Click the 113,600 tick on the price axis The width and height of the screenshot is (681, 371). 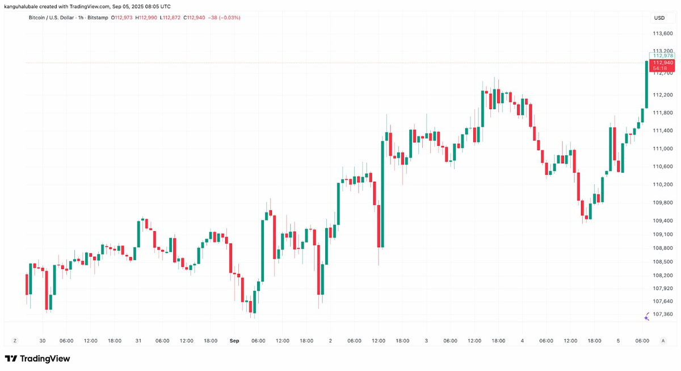662,34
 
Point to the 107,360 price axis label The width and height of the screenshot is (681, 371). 662,314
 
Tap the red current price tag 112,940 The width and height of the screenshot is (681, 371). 662,62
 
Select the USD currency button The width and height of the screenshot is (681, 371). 659,18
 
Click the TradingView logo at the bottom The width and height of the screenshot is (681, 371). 37,359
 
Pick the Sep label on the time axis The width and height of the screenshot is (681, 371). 234,341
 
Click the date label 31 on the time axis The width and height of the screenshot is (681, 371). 138,341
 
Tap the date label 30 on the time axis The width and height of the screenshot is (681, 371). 43,341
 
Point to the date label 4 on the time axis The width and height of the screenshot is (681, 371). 522,341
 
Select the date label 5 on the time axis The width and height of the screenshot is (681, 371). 618,341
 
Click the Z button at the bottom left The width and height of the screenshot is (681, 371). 15,340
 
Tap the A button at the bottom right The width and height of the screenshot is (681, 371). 663,340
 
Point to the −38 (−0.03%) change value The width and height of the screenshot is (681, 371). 224,18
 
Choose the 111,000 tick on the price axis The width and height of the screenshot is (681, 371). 662,148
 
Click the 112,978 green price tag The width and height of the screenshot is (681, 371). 662,55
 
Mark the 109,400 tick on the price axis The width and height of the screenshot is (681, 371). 662,220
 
